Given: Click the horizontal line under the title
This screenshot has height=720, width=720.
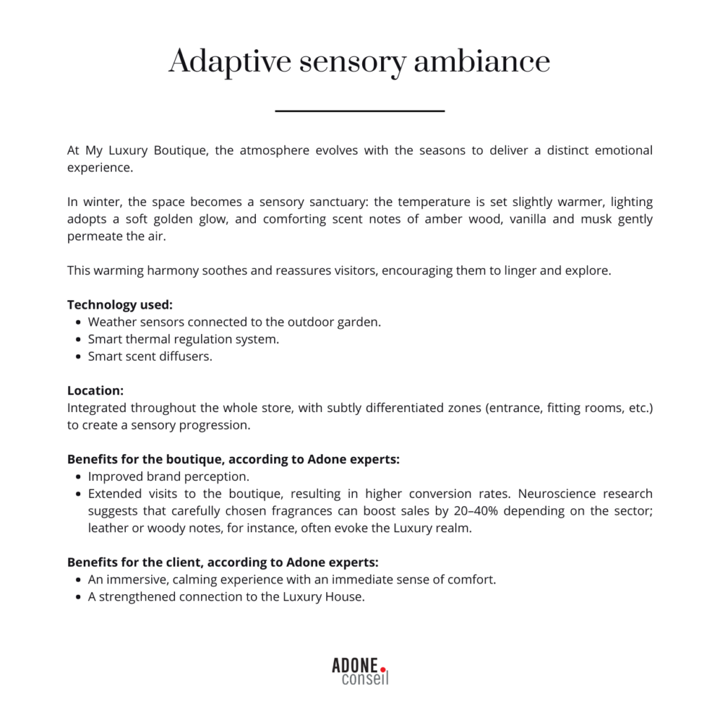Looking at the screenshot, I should point(360,111).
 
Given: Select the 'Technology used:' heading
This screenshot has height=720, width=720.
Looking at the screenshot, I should point(120,304).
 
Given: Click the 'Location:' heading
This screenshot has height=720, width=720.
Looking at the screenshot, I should point(96,390).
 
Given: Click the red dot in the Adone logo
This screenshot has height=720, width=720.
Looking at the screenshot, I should point(383,669).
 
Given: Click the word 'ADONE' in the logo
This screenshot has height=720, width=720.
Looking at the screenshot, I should point(355,665).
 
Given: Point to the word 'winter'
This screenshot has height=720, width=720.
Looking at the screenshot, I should point(101,202).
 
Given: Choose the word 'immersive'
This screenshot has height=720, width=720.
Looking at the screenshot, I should point(131,580).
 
